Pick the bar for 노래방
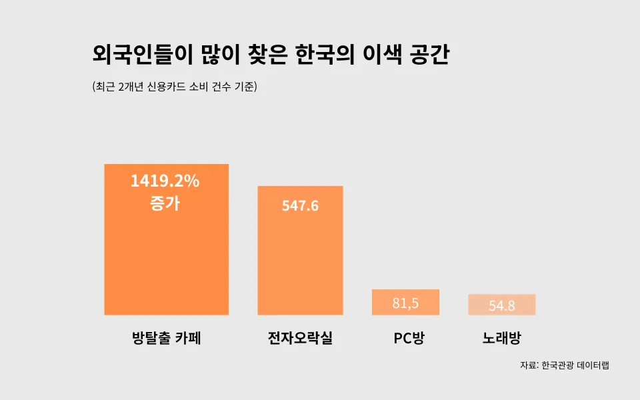coord(501,305)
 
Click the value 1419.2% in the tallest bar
coord(165,181)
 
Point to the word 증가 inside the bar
coord(165,203)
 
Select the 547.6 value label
coord(300,206)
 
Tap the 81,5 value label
coord(405,303)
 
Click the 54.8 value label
coord(501,306)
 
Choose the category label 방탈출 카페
coord(167,339)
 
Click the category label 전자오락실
coord(300,339)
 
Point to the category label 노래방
coord(501,339)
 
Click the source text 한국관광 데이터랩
coord(575,365)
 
